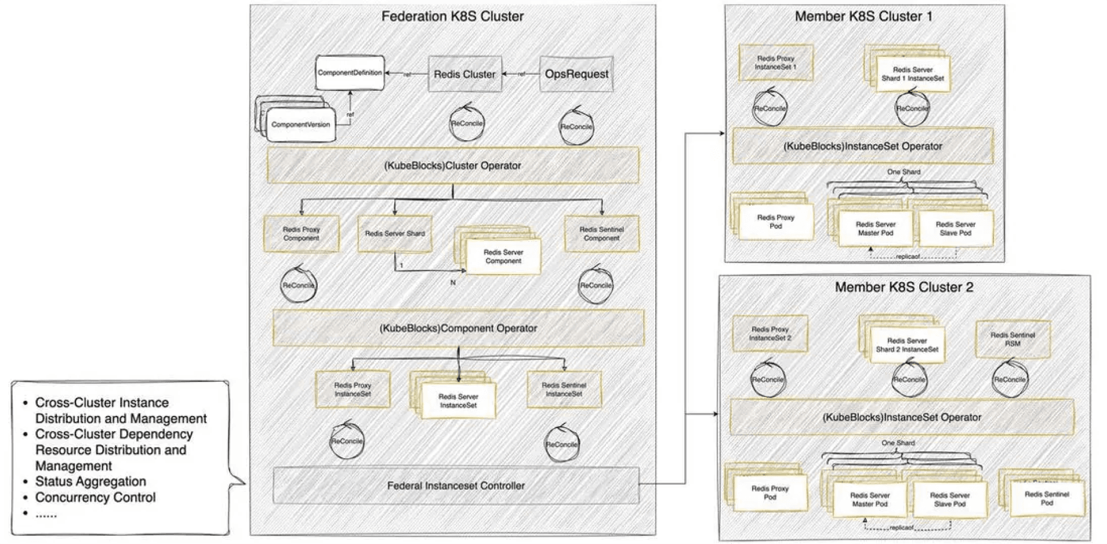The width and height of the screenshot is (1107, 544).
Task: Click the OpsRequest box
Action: (576, 74)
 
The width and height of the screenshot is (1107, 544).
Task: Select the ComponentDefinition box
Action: (350, 73)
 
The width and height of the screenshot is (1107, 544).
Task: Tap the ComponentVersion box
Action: (300, 125)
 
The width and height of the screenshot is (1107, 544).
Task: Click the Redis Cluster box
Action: (464, 74)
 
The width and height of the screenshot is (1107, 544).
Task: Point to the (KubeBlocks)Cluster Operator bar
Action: (453, 166)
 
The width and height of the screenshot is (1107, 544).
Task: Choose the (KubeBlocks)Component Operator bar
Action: (458, 328)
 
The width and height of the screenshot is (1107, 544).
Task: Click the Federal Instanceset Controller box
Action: (456, 486)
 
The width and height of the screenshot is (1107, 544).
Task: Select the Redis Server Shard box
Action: (394, 234)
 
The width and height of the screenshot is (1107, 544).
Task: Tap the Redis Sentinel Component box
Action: (601, 234)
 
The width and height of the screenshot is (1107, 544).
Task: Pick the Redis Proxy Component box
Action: (301, 234)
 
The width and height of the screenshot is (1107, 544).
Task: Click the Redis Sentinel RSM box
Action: (1012, 339)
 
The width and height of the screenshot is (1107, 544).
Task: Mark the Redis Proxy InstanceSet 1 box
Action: (775, 63)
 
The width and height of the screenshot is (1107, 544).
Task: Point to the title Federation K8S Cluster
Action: (452, 16)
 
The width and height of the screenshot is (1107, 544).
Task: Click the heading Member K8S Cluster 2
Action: (904, 287)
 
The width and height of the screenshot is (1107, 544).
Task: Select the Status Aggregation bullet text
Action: (90, 481)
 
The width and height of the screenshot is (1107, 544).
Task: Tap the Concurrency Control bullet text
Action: (95, 498)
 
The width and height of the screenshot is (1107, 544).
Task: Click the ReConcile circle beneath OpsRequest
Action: (576, 126)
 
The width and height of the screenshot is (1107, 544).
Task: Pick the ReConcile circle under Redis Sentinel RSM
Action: (1010, 379)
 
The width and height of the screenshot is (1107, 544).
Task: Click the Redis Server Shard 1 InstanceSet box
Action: (913, 74)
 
